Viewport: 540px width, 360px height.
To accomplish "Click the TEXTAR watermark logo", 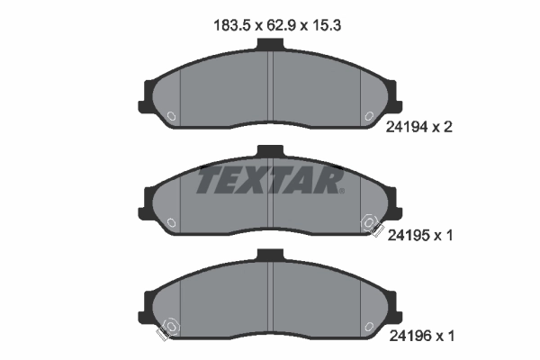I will [270, 180].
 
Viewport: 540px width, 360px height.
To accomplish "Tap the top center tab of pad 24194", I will [271, 47].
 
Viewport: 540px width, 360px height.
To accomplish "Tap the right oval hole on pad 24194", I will [368, 116].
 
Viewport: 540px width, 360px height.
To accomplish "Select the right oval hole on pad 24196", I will [368, 326].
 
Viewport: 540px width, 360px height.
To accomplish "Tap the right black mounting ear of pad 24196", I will [393, 303].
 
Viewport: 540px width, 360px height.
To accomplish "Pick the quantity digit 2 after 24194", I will [447, 127].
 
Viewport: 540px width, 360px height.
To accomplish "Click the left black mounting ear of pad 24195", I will [148, 199].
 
